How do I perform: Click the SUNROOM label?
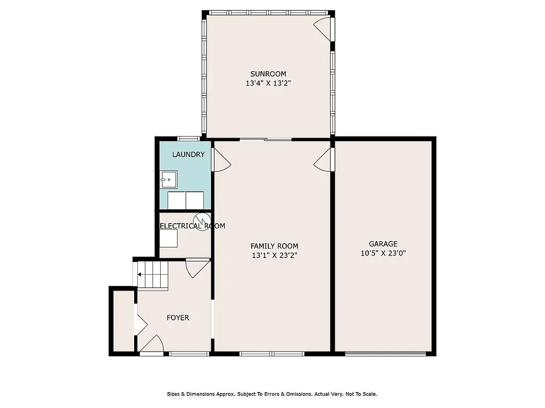pos(268,74)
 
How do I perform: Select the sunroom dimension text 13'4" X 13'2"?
pos(268,83)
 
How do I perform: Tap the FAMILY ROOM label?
pos(274,246)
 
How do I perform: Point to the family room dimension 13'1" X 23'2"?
pos(274,256)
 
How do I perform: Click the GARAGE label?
pos(383,244)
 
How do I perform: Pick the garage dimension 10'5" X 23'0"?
pos(383,253)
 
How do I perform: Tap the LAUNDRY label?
pos(188,155)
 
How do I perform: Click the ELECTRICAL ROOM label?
pos(192,226)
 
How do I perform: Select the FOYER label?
pos(178,318)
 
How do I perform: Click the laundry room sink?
pos(169,180)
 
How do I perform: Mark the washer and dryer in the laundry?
pos(186,200)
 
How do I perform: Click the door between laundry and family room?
pos(220,160)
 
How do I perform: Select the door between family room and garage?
pos(325,160)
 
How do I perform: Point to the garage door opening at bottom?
pos(385,353)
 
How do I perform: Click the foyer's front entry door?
pos(152,344)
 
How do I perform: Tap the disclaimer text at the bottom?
pos(272,394)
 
